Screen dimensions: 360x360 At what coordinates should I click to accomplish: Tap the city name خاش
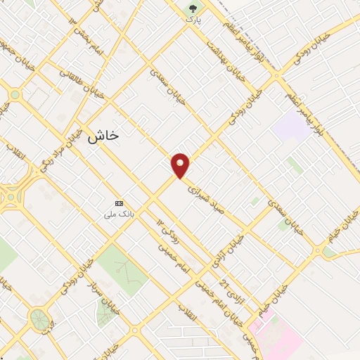click(103, 139)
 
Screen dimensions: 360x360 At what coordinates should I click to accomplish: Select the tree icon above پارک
click(193, 9)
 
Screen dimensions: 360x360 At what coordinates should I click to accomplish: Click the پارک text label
click(193, 21)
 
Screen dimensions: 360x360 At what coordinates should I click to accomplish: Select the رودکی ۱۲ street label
click(170, 232)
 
